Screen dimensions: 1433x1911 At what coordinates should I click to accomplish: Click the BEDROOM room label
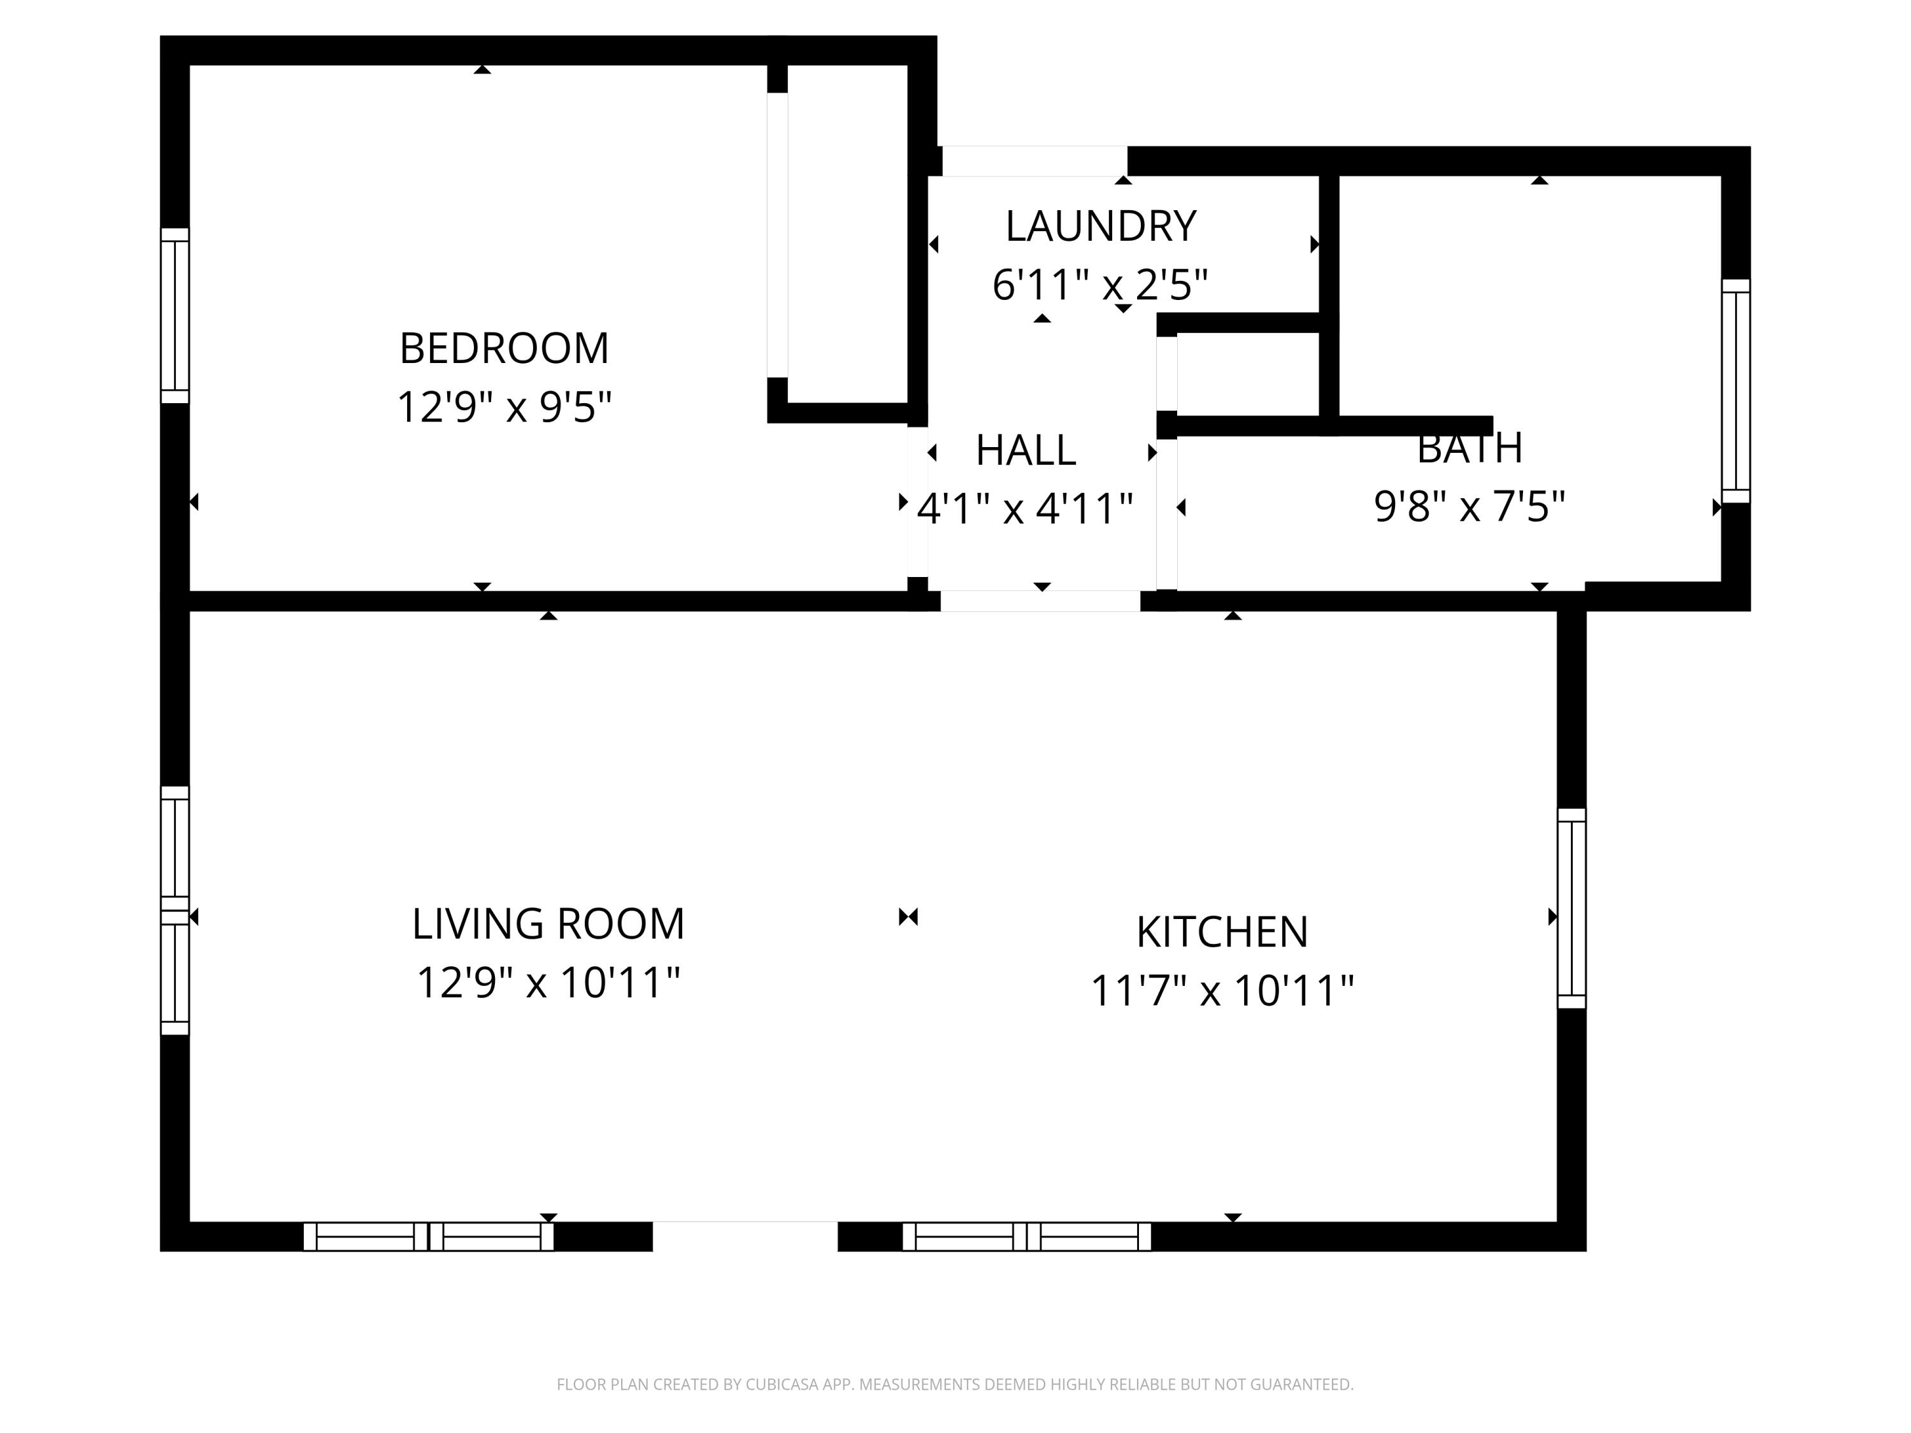tap(504, 349)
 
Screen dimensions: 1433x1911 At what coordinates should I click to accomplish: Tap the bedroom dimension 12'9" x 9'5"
tap(504, 407)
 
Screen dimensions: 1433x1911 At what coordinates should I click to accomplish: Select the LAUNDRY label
tap(1101, 226)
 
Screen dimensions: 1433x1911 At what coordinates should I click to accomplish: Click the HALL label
tap(1026, 450)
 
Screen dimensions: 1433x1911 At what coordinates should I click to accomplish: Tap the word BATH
tap(1469, 449)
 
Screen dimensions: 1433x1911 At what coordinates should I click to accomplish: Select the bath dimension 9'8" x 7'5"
tap(1469, 506)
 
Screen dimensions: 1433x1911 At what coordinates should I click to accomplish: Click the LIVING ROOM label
tap(548, 924)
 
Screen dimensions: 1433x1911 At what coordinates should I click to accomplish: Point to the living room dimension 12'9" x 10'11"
tap(548, 982)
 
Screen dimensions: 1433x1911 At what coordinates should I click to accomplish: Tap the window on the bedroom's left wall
tap(175, 315)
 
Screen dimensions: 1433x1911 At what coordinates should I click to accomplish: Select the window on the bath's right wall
tap(1736, 390)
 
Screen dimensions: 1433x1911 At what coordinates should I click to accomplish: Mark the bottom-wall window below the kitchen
tap(1026, 1236)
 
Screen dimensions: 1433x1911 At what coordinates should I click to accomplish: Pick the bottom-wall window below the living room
tap(429, 1236)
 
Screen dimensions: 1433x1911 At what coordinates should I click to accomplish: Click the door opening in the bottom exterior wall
tap(745, 1236)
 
